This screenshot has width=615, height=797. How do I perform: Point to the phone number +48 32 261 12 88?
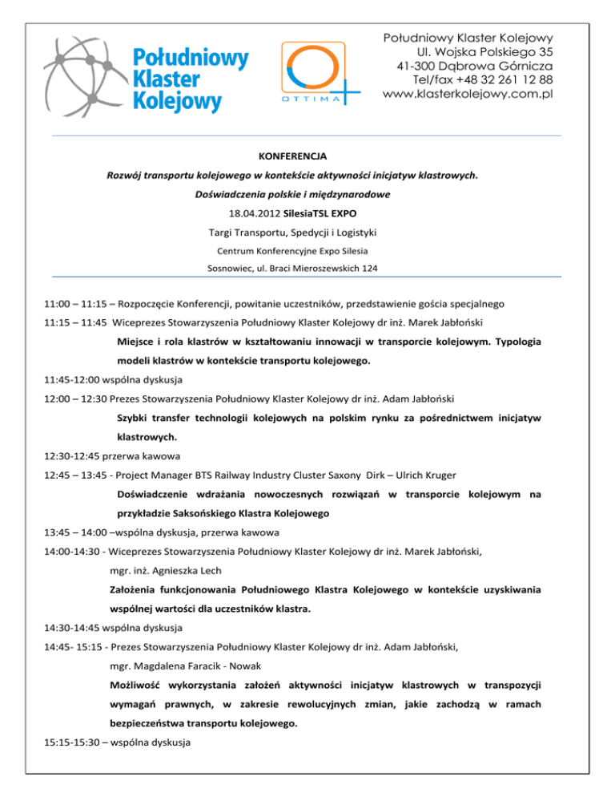tap(494, 80)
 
